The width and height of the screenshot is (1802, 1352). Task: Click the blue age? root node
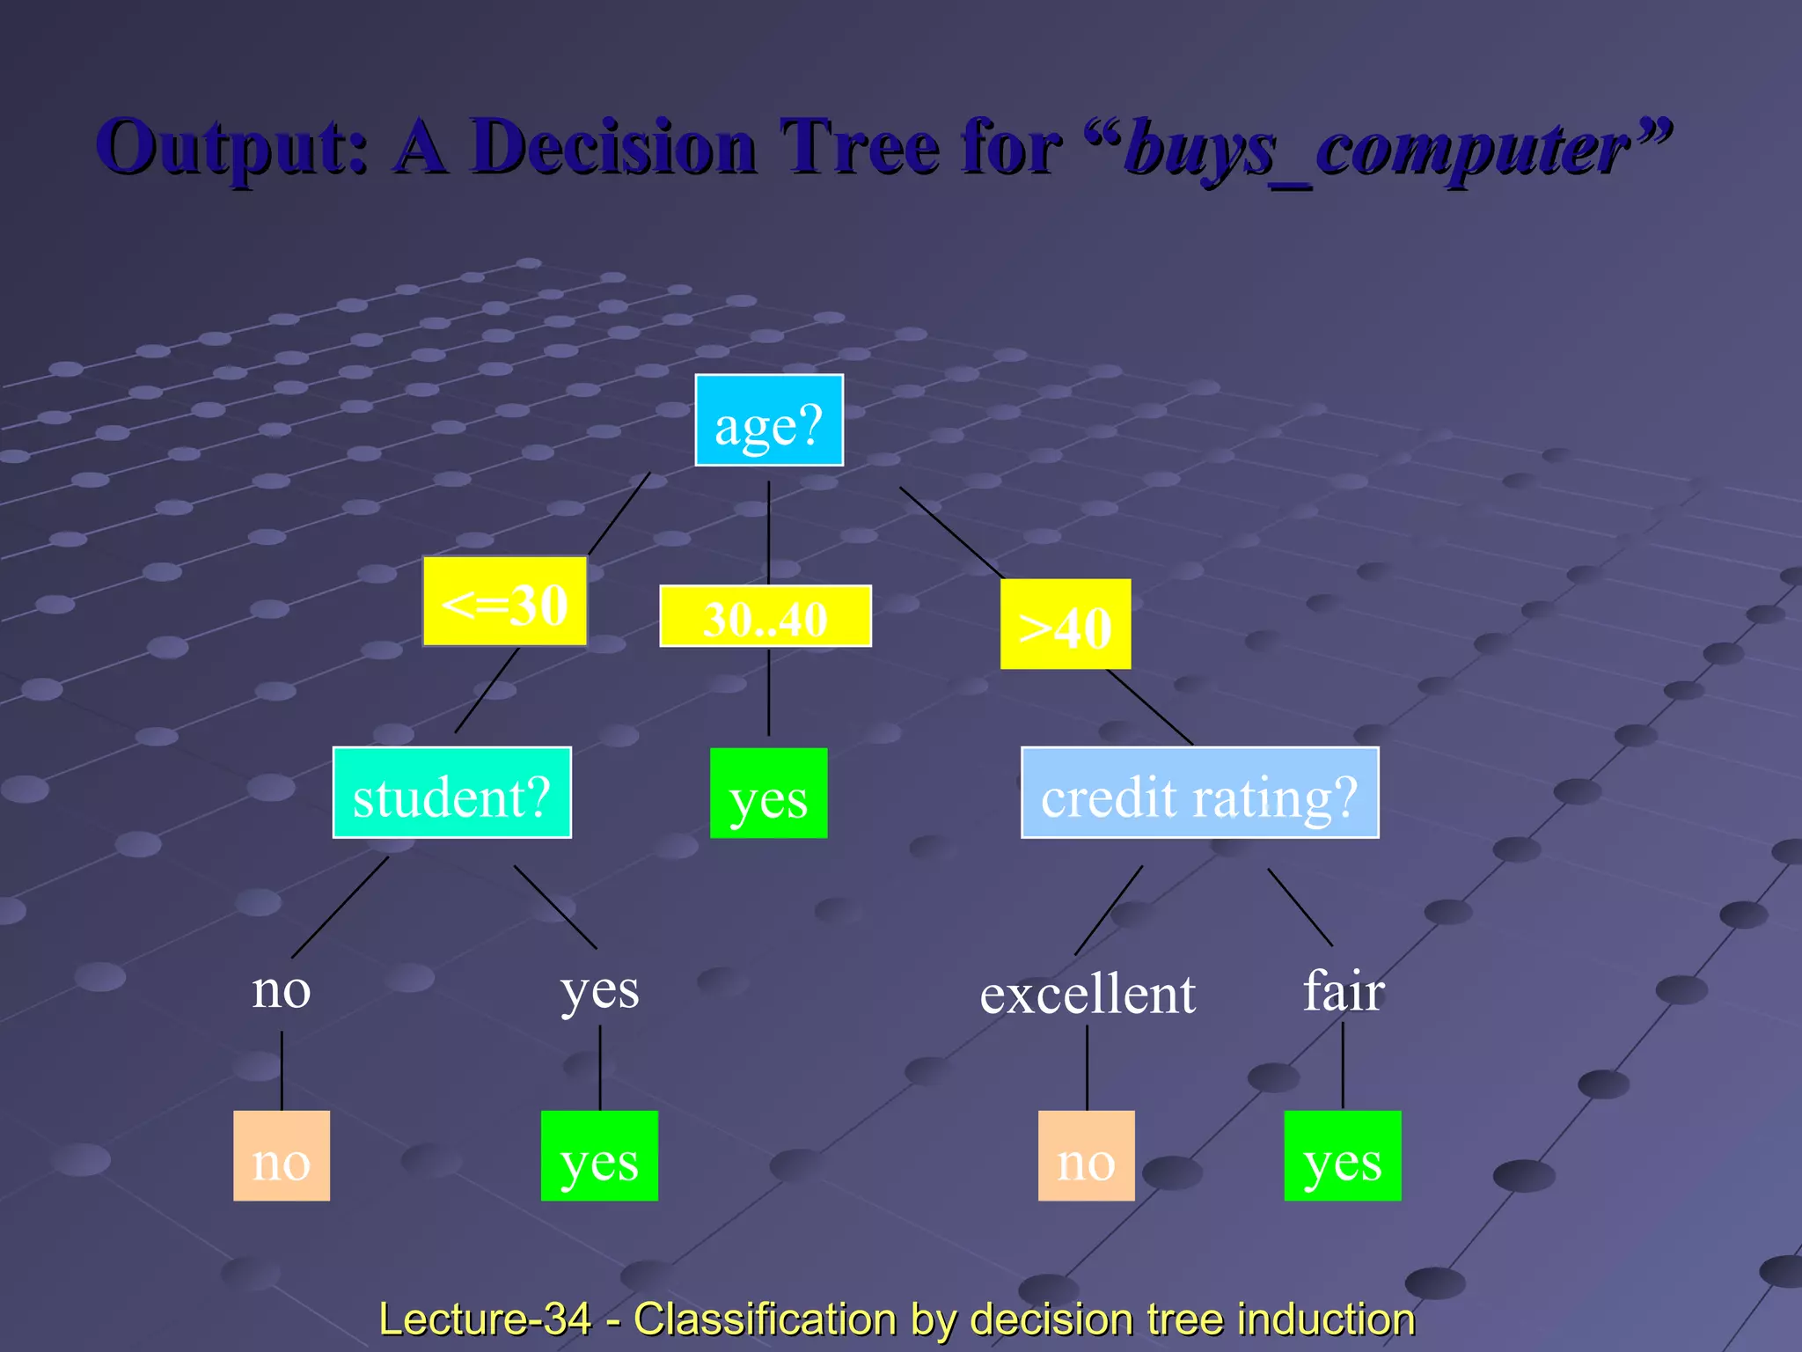[768, 421]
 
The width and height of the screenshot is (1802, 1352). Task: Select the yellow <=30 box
[504, 602]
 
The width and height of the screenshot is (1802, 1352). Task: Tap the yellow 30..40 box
[765, 616]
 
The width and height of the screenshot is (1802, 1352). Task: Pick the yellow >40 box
[1065, 624]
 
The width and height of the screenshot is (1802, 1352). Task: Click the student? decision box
[451, 793]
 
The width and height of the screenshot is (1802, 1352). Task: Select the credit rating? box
[1198, 793]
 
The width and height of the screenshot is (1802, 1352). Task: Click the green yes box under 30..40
[768, 793]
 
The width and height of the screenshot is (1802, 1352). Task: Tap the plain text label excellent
[1088, 995]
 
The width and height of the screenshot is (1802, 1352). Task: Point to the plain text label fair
[1343, 991]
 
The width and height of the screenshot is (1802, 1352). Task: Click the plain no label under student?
[282, 991]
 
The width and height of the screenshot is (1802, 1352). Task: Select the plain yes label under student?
[600, 991]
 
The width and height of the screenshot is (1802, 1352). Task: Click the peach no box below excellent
[1086, 1156]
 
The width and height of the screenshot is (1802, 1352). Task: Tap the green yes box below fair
[1342, 1156]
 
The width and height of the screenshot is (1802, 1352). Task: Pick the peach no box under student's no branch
[282, 1156]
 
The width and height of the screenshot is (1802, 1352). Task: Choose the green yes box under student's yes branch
[599, 1156]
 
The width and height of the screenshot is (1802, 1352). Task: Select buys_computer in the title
[1377, 150]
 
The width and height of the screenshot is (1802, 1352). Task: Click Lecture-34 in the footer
[485, 1319]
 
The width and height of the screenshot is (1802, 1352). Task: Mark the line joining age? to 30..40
[768, 533]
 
